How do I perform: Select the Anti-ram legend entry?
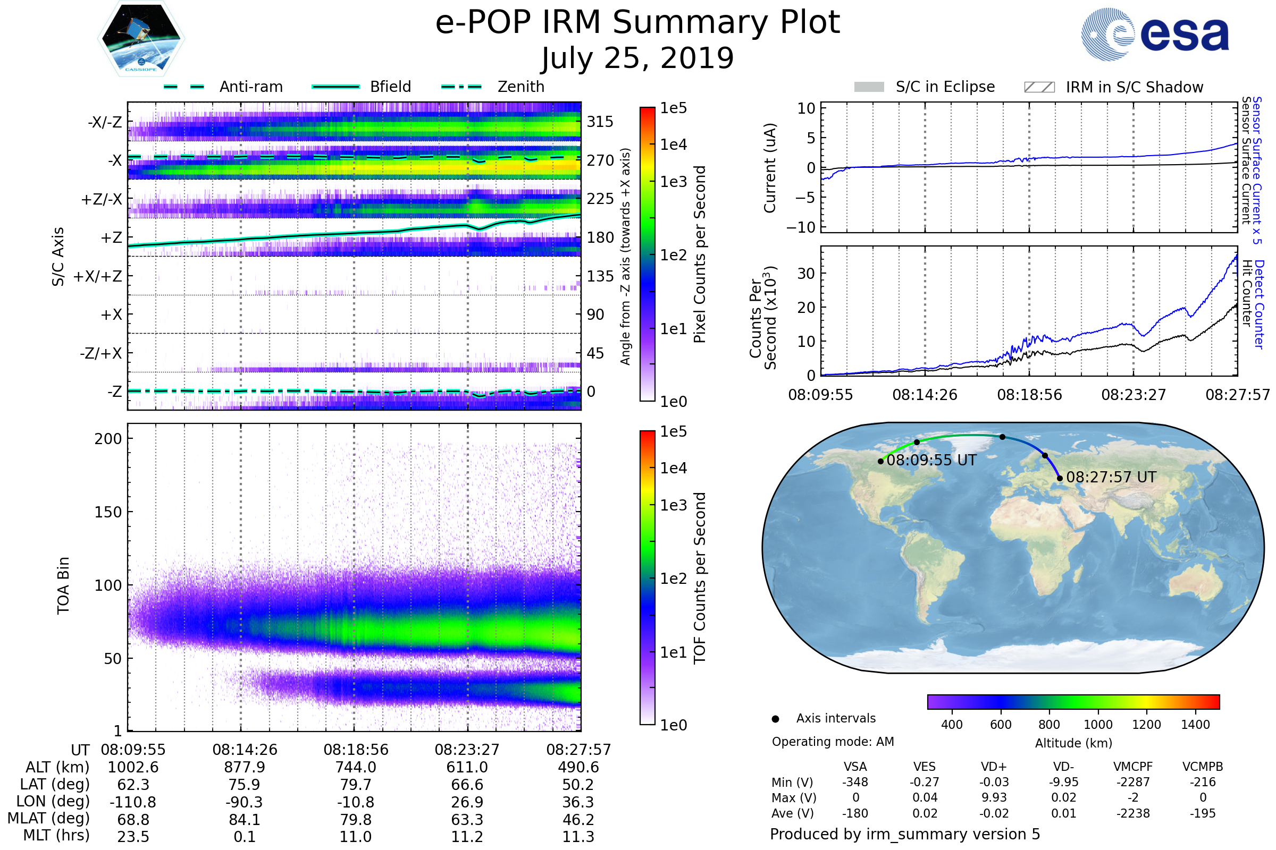pyautogui.click(x=250, y=87)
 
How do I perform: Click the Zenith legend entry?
pyautogui.click(x=521, y=87)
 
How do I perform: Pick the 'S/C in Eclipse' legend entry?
pyautogui.click(x=945, y=87)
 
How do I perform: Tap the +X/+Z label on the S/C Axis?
pyautogui.click(x=98, y=276)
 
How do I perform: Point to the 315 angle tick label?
pyautogui.click(x=600, y=122)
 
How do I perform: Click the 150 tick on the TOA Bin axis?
pyautogui.click(x=108, y=512)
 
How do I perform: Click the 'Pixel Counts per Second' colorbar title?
pyautogui.click(x=700, y=254)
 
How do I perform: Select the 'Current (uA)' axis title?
pyautogui.click(x=770, y=168)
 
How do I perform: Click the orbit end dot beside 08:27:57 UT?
pyautogui.click(x=1060, y=478)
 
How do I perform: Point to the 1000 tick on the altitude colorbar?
pyautogui.click(x=1098, y=725)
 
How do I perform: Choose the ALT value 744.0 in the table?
pyautogui.click(x=355, y=767)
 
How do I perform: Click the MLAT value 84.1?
pyautogui.click(x=245, y=820)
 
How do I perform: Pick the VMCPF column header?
pyautogui.click(x=1133, y=767)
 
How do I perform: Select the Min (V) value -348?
pyautogui.click(x=855, y=782)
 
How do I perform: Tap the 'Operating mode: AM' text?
pyautogui.click(x=833, y=742)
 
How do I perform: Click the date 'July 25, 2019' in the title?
pyautogui.click(x=637, y=58)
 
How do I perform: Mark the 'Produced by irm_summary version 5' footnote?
pyautogui.click(x=905, y=834)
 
